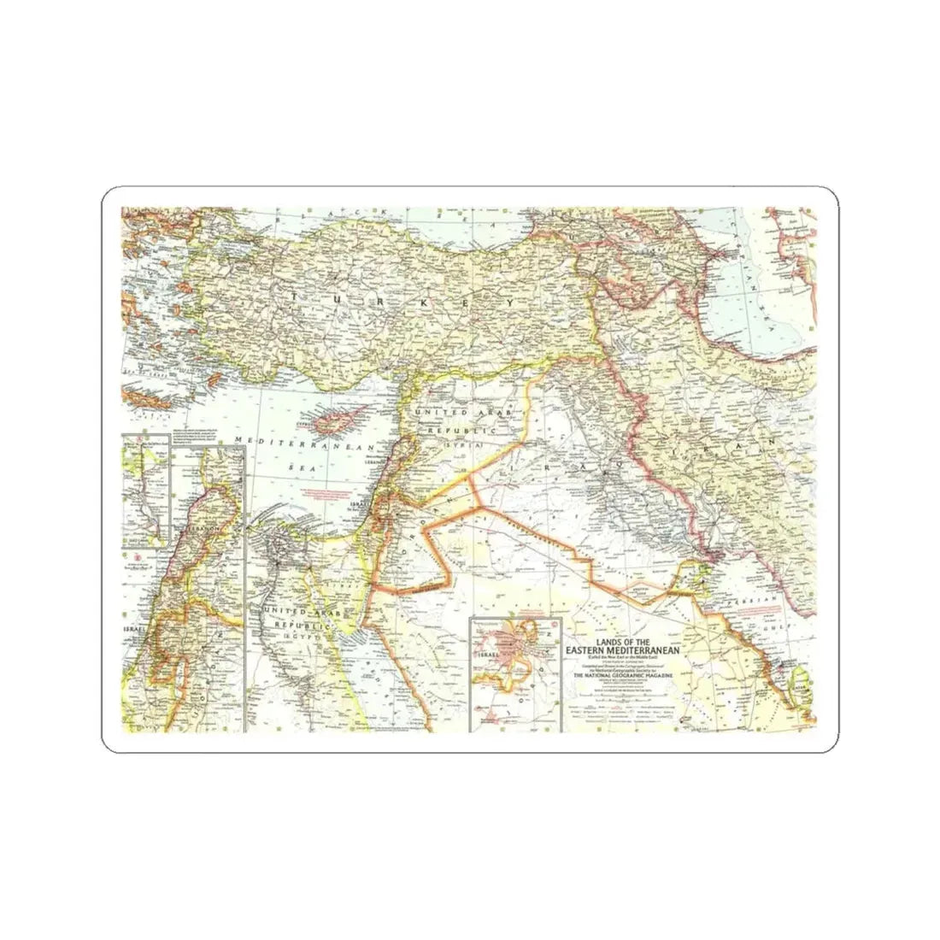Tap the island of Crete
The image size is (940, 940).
point(147,396)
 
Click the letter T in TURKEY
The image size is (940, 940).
point(297,296)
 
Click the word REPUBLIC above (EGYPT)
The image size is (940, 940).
point(294,626)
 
